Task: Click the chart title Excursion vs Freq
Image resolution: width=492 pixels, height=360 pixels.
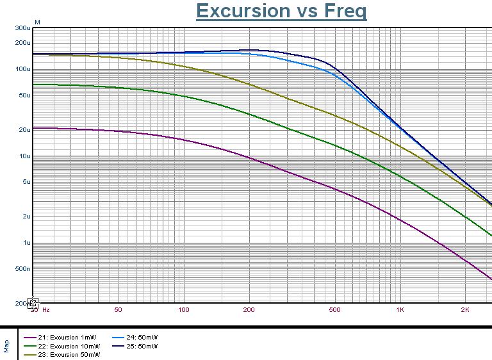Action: point(281,11)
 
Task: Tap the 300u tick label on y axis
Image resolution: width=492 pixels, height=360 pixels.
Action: point(22,29)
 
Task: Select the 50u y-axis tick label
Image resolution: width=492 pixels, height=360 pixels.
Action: point(24,95)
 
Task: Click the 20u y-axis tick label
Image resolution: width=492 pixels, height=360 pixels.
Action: point(24,130)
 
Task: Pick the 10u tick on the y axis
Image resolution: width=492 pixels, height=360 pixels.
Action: point(24,156)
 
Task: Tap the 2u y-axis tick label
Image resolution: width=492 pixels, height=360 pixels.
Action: point(26,217)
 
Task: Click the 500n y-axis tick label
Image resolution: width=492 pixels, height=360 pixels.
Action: point(22,269)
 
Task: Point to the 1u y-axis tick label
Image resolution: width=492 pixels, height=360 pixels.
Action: point(26,243)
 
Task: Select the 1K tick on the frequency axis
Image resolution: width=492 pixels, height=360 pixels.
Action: point(400,310)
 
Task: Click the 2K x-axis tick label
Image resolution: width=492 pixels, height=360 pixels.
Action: point(465,310)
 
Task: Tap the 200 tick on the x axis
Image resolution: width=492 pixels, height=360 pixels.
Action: point(249,310)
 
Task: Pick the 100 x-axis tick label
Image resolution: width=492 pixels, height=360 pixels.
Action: point(184,310)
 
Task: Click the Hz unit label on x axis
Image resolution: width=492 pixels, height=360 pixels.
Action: point(46,310)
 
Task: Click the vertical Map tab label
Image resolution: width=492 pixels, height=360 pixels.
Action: point(7,346)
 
